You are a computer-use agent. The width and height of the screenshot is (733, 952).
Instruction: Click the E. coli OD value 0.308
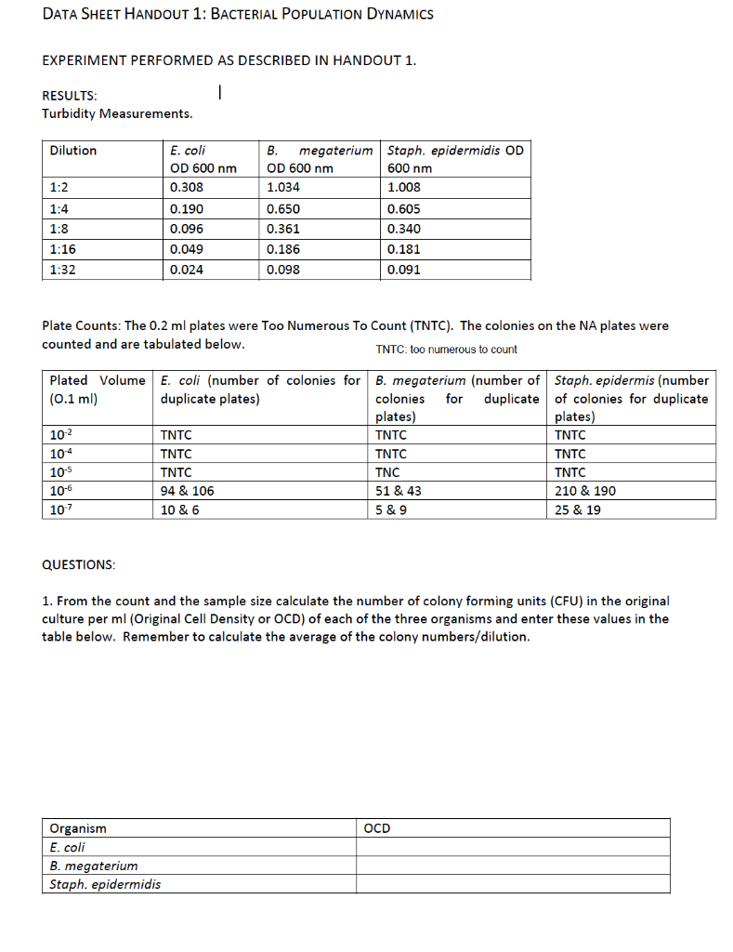tap(187, 187)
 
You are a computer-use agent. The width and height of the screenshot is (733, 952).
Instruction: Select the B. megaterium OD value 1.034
tap(282, 187)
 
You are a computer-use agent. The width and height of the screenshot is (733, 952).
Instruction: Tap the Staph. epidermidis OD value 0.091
tap(403, 271)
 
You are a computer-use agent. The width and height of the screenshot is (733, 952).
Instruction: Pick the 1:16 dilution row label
tap(63, 249)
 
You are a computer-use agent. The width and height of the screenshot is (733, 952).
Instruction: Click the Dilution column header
tap(73, 150)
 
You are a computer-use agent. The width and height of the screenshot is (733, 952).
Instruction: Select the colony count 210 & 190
tap(584, 491)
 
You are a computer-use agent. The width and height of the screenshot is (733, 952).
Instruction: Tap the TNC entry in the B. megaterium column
tap(387, 472)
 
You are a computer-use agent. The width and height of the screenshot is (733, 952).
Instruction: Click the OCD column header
tap(377, 828)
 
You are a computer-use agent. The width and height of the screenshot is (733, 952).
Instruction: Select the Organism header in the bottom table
tap(78, 828)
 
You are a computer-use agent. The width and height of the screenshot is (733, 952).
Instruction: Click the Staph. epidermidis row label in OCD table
tap(105, 884)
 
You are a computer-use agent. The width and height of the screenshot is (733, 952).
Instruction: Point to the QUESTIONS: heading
tap(79, 565)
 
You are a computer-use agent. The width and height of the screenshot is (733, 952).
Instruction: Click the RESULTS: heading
tap(69, 96)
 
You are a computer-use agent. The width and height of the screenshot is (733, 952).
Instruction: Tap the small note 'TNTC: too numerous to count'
tap(446, 350)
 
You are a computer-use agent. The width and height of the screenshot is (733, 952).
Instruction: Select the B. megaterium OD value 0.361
tap(282, 229)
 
